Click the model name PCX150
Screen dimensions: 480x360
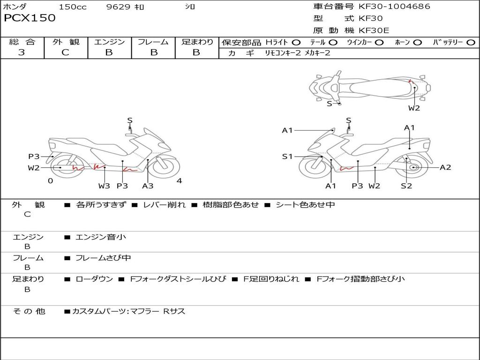(x=30, y=18)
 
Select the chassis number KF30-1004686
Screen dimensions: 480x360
(x=394, y=7)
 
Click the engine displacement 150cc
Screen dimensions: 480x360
(x=73, y=7)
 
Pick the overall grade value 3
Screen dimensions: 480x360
(x=22, y=52)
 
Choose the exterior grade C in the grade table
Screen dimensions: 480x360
(x=65, y=52)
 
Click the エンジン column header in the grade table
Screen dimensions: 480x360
(x=109, y=42)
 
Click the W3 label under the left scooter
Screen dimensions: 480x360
(x=104, y=186)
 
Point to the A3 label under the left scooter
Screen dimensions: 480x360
(x=148, y=186)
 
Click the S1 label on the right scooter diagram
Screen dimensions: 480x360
(x=287, y=157)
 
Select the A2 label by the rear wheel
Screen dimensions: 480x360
(x=445, y=167)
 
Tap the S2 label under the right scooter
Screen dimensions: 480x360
(x=406, y=186)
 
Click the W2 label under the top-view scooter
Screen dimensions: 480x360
(x=414, y=108)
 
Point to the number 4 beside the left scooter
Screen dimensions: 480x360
(x=179, y=181)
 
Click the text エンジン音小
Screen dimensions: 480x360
(x=101, y=237)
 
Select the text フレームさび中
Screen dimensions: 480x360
(x=103, y=258)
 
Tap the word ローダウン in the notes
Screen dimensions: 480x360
(x=94, y=279)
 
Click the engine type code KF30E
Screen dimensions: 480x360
(x=375, y=30)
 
